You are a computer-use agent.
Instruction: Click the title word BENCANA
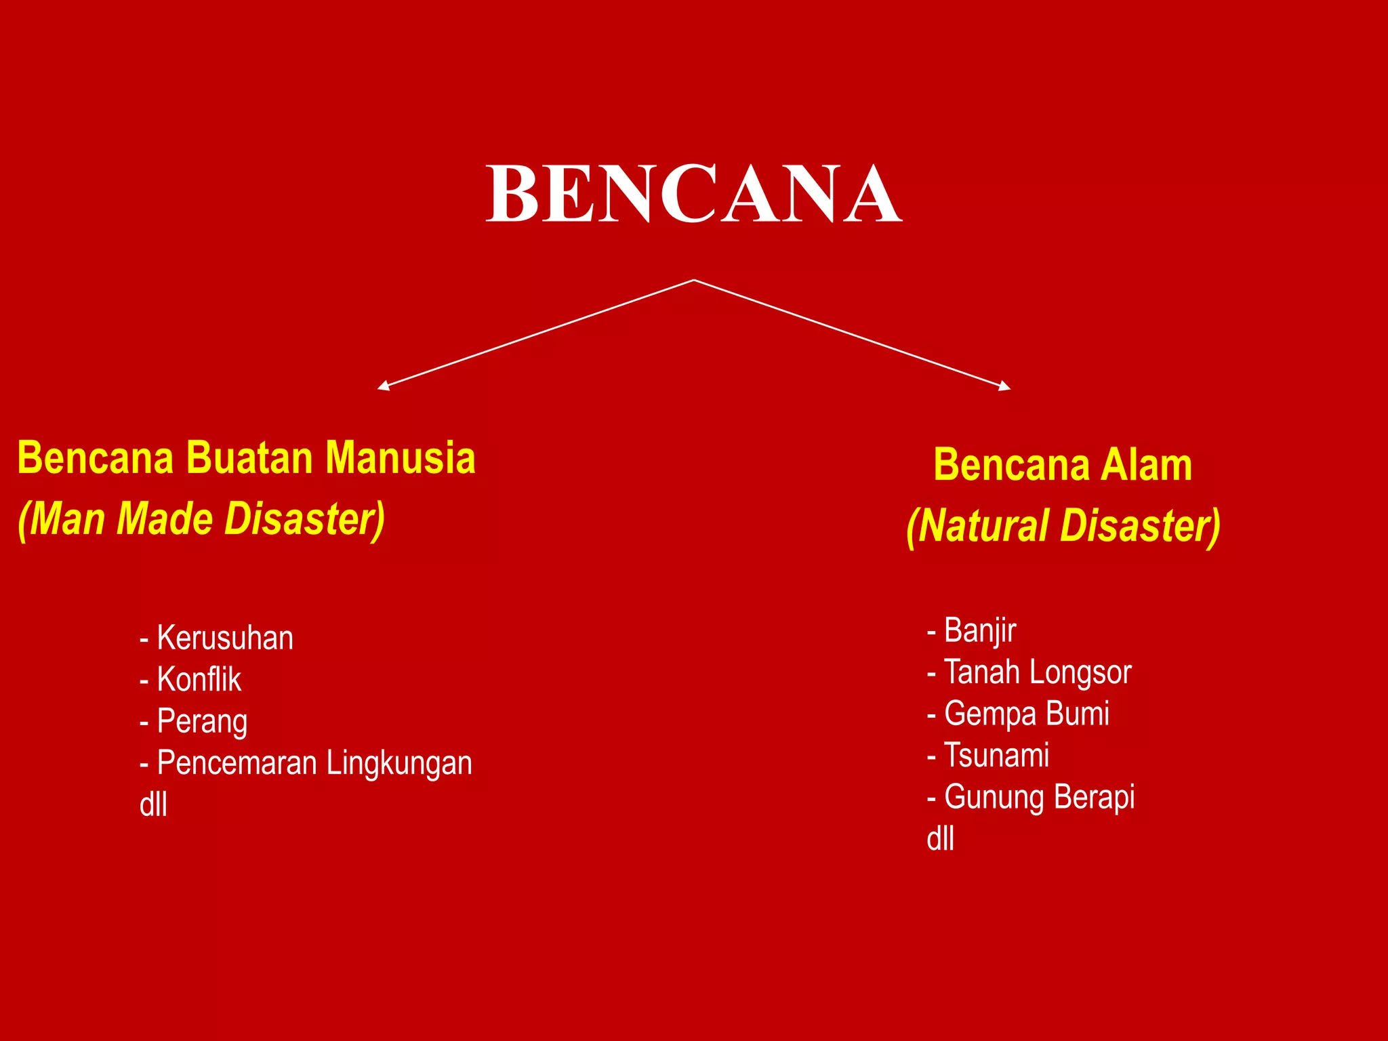coord(694,194)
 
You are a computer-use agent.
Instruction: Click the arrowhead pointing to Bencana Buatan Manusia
coord(384,386)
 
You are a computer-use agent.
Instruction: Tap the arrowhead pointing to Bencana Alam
coord(1004,386)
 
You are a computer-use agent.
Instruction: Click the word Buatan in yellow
coord(249,458)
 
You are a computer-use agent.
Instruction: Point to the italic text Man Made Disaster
coord(202,519)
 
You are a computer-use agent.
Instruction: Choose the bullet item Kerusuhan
coord(225,638)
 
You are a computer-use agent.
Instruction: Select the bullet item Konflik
coord(199,680)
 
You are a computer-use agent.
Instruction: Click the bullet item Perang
coord(202,722)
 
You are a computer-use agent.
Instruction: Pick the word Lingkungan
coord(399,764)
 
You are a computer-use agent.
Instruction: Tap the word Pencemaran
coord(237,764)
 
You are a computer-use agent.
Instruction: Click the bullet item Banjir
coord(980,631)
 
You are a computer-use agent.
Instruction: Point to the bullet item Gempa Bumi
coord(1026,714)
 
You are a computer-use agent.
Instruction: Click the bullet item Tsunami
coord(996,756)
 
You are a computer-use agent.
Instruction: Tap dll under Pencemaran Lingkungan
coord(153,805)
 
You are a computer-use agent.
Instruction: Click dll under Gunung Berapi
coord(940,839)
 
